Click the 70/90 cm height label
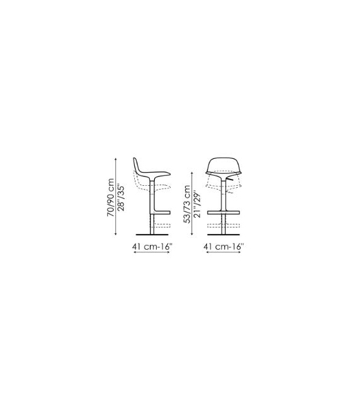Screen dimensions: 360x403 110,197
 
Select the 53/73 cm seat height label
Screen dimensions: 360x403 187,204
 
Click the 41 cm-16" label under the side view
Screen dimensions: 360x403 152,247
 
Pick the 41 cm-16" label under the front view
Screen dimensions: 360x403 223,247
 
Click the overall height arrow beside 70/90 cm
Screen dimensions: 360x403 116,196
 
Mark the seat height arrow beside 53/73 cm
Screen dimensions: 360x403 192,203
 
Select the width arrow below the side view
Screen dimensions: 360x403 152,252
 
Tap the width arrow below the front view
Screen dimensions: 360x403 223,252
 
